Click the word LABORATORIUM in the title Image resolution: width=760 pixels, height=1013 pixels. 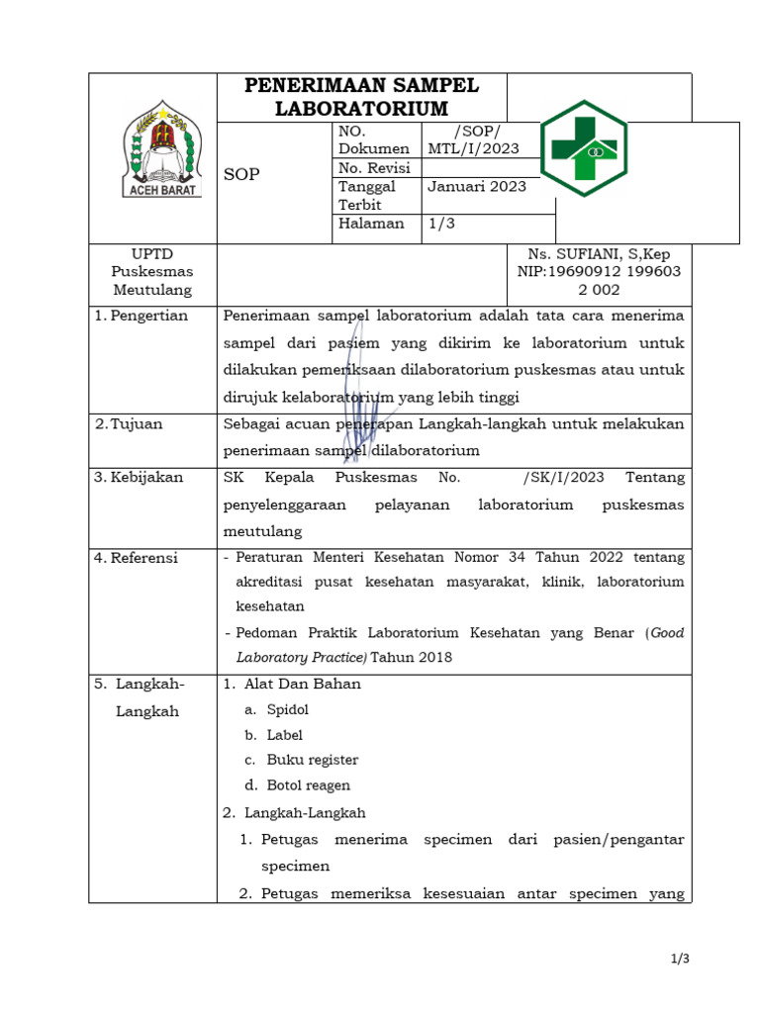[362, 108]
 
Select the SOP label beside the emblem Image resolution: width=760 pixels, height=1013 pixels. [241, 174]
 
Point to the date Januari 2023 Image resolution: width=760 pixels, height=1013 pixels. [477, 186]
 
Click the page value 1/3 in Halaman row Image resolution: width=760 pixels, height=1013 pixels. [440, 224]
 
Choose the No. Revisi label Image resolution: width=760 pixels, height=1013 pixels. [374, 168]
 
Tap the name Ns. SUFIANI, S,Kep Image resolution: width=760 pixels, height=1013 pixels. [599, 254]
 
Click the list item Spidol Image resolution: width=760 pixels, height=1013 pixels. [288, 710]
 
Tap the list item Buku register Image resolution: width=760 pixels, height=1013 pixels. [312, 760]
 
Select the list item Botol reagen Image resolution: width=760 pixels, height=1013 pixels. [308, 785]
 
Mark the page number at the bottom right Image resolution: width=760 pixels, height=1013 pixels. [679, 959]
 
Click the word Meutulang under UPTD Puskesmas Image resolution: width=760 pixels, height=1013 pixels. [152, 290]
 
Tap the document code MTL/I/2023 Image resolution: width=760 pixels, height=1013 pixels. [473, 148]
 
